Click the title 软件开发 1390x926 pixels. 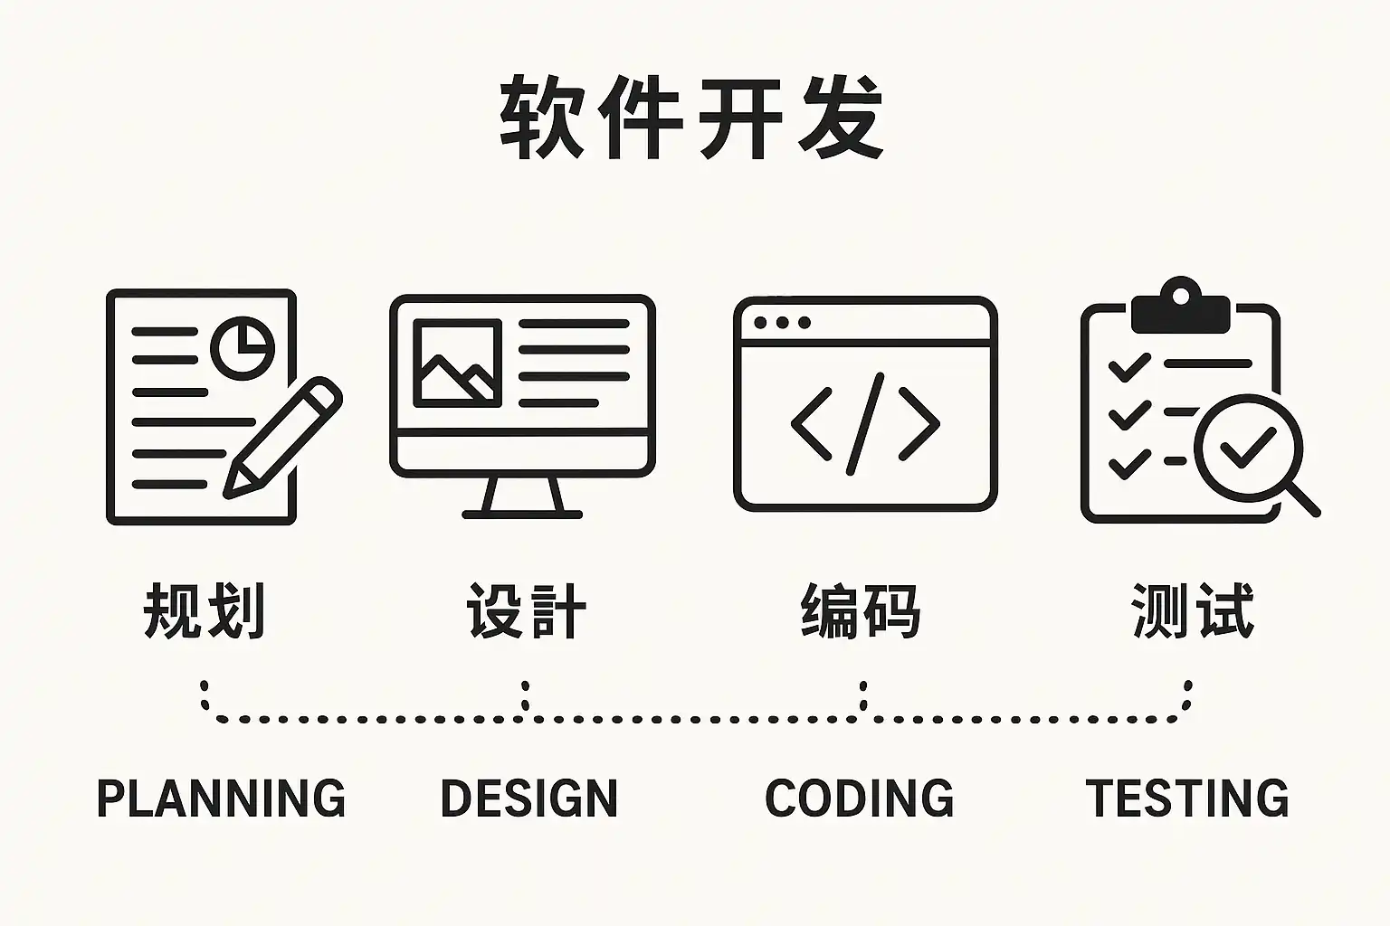(692, 118)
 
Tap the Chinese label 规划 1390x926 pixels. (205, 611)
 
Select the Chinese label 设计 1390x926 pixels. (527, 611)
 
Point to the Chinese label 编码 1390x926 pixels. (861, 611)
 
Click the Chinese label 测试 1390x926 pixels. (1193, 611)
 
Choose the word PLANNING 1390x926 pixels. (221, 798)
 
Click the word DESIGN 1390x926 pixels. (528, 798)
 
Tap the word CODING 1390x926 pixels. (860, 798)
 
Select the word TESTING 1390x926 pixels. (1187, 798)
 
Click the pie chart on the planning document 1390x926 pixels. (243, 347)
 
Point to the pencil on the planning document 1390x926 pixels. (283, 438)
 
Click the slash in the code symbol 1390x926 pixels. (865, 423)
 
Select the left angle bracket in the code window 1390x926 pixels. (811, 423)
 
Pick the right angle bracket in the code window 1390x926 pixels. (919, 423)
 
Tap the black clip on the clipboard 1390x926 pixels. (1180, 308)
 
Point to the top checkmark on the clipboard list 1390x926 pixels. (1128, 367)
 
